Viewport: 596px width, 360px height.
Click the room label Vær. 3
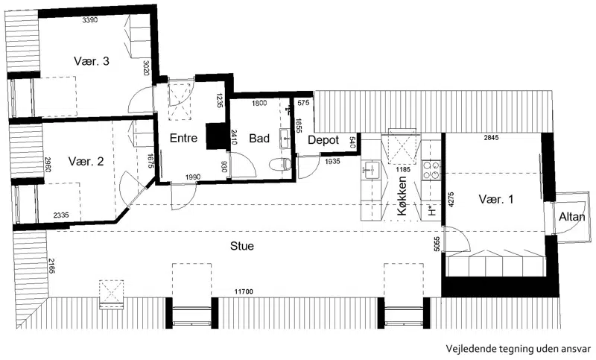coord(92,61)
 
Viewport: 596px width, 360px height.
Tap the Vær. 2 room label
coord(86,161)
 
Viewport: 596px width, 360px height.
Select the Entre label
coord(183,138)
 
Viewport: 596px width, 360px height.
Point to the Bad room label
coord(259,139)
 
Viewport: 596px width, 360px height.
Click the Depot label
coord(323,140)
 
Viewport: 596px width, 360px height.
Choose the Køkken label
coord(402,196)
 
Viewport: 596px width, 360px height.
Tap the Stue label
coord(242,246)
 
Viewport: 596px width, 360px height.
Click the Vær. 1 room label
coord(496,199)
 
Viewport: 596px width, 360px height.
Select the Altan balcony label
coord(571,217)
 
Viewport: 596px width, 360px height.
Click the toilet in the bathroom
coord(280,164)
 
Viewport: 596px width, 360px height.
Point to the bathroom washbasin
coord(285,138)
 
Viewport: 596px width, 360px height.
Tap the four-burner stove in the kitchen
coord(431,170)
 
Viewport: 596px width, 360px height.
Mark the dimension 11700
coord(244,291)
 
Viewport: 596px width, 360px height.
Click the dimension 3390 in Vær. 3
coord(90,20)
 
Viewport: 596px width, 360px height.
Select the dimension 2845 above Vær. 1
coord(491,138)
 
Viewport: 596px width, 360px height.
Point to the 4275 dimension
coord(451,199)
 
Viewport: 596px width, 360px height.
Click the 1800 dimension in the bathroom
coord(259,103)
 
